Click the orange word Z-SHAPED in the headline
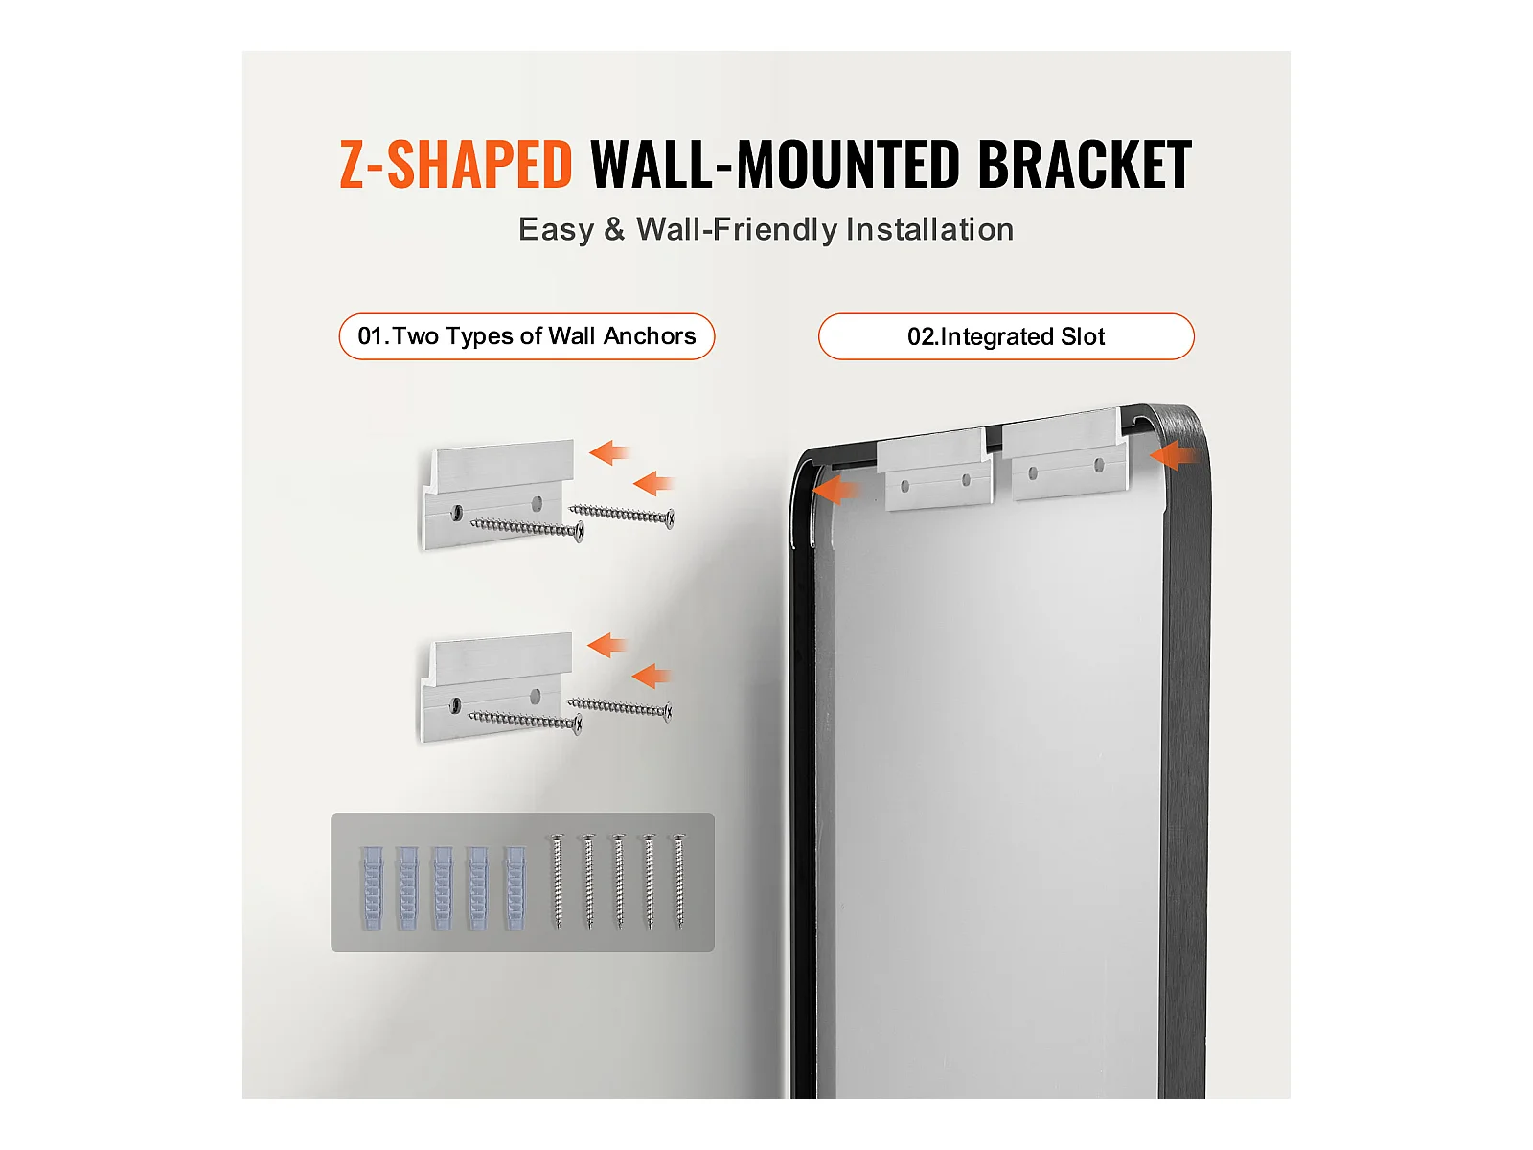(x=455, y=164)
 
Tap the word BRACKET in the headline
(x=1085, y=164)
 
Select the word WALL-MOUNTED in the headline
(x=775, y=164)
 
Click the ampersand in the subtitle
(x=614, y=229)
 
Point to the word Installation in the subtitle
(x=929, y=229)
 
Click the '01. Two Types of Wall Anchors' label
(x=527, y=335)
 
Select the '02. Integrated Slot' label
(x=1006, y=335)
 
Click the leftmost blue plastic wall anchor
(x=372, y=887)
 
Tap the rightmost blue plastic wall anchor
(x=515, y=887)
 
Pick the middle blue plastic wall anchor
(x=443, y=887)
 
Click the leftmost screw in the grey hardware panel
(x=558, y=881)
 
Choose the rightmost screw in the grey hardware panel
(x=679, y=881)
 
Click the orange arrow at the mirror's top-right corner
(x=1175, y=456)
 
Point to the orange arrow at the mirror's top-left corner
(x=836, y=490)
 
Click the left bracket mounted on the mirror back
(x=934, y=470)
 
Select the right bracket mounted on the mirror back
(x=1065, y=454)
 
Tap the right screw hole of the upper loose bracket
(x=538, y=503)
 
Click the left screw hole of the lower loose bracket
(x=455, y=705)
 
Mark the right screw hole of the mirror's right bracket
(x=1099, y=465)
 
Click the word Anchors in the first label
(x=650, y=335)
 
